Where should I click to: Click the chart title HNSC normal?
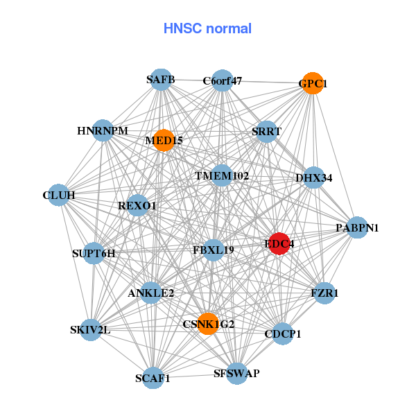207,29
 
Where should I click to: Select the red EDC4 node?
279,244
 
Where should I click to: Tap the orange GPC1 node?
313,83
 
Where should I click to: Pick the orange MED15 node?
164,140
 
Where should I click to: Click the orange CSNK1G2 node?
209,323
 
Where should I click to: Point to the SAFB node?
160,80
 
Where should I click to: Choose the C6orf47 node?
222,80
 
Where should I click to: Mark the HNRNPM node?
103,130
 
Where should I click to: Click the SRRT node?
266,132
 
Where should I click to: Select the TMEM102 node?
221,175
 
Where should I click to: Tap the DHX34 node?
314,177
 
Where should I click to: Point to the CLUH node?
58,195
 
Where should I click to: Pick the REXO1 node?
137,205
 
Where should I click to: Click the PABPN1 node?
357,227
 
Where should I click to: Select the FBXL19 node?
214,250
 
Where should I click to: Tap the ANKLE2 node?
150,293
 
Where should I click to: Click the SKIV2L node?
90,329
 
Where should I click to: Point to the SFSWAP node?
236,374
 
